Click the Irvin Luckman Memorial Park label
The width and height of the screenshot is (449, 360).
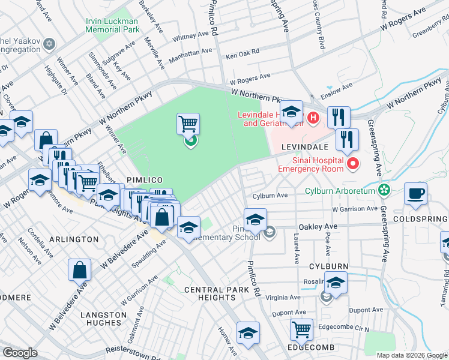click(x=112, y=25)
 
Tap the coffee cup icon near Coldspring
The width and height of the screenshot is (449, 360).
click(x=415, y=194)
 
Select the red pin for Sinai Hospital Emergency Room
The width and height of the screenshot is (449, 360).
click(x=354, y=163)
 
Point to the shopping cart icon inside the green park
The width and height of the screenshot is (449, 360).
click(x=188, y=125)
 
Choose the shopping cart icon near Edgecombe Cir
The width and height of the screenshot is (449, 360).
click(x=301, y=329)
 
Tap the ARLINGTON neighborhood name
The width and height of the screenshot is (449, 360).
click(x=75, y=239)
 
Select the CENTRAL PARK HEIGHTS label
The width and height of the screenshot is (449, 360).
click(x=217, y=294)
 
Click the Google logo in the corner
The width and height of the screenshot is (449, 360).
click(x=20, y=352)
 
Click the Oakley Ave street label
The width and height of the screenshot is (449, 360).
click(x=318, y=227)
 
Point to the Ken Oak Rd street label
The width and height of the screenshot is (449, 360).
click(x=243, y=54)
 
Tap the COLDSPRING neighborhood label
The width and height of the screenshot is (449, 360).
click(x=420, y=220)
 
